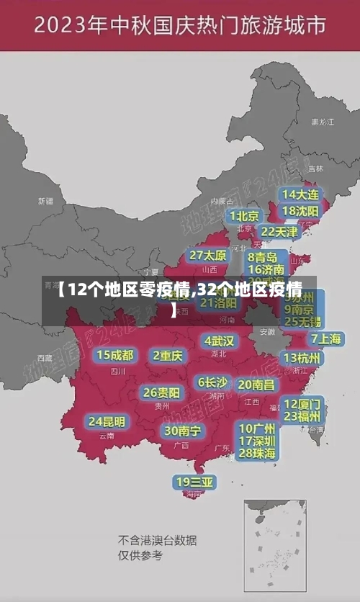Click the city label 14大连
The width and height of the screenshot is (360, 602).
[300, 194]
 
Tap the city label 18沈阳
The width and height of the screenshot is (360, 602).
[300, 210]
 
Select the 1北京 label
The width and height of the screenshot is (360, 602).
[244, 216]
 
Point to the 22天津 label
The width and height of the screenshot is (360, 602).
[279, 232]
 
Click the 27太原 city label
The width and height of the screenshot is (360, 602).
[208, 255]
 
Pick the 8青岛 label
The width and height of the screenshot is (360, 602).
[263, 256]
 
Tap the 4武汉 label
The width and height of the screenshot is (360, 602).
[219, 341]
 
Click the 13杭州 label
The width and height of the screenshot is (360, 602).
[303, 357]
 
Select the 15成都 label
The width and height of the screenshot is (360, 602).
[115, 355]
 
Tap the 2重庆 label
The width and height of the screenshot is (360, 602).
[168, 355]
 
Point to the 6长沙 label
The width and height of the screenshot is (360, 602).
[213, 382]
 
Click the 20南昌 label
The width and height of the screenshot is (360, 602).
[256, 385]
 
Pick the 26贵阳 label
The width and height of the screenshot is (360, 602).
[161, 392]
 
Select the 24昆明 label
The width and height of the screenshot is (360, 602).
[107, 421]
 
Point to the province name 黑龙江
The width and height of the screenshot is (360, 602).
[322, 122]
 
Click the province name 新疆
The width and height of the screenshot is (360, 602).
[45, 201]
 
